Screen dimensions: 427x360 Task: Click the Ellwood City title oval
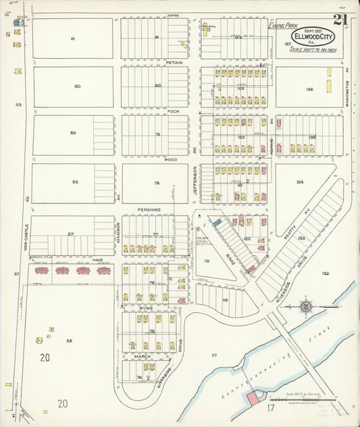[x=313, y=36]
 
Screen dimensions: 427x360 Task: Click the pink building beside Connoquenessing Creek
[x=253, y=399]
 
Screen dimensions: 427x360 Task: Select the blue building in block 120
[x=217, y=222]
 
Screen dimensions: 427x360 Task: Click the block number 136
[x=309, y=89]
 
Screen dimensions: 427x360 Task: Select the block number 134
[x=299, y=182]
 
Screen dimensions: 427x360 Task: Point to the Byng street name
[x=146, y=308]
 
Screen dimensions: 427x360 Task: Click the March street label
[x=141, y=356]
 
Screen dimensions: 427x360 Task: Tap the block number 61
[x=72, y=39]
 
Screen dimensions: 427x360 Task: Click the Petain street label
[x=174, y=61]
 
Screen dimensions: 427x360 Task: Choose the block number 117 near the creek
[x=215, y=355]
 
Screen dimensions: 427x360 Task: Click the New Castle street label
[x=27, y=236]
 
